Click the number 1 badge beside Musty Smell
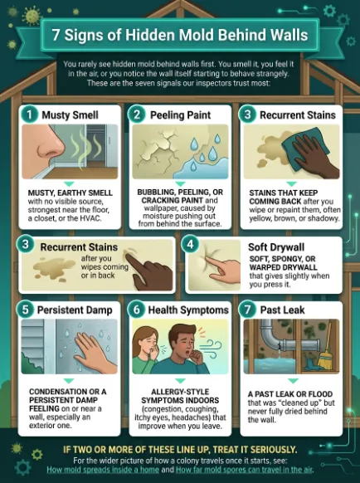coord(30,115)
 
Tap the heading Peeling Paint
coord(180,115)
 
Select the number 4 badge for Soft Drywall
coord(190,244)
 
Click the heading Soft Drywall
coord(276,247)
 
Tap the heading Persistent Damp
coord(75,310)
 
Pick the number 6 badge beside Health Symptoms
coord(136,310)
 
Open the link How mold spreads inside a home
coord(103,470)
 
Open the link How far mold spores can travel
coord(244,470)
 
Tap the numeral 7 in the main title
coord(56,35)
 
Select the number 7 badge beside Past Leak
coord(247,310)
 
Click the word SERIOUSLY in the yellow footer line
coord(273,450)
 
